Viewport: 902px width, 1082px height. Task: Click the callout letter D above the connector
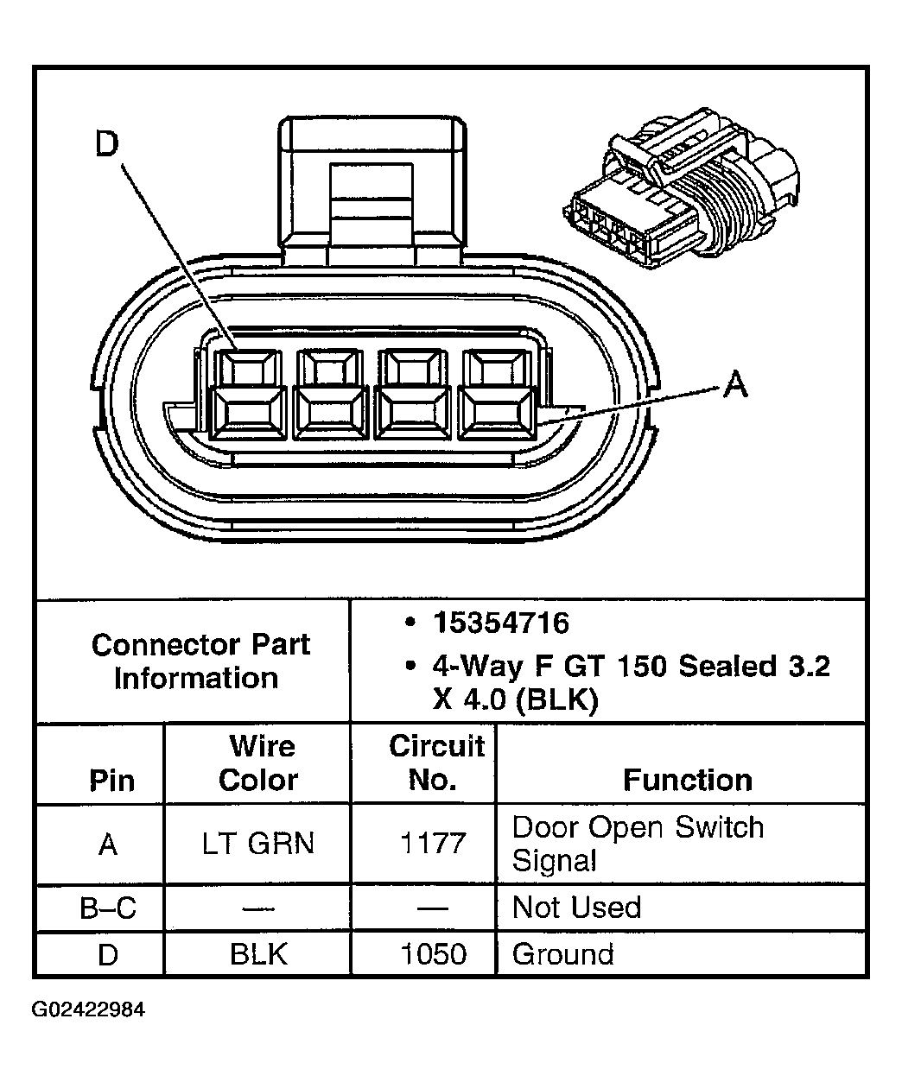tap(106, 144)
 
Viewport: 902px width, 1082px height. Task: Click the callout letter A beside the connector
tap(735, 384)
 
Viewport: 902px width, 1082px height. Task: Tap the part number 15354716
tap(501, 623)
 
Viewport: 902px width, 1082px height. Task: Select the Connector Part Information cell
tap(200, 661)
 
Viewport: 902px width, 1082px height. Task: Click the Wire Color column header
tap(258, 763)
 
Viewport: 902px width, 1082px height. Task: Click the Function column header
tap(688, 780)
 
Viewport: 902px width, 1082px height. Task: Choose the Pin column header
tap(111, 781)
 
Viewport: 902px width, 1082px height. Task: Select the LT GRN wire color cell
tap(258, 844)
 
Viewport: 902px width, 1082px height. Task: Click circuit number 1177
tap(434, 844)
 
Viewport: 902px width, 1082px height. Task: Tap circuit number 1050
tap(434, 954)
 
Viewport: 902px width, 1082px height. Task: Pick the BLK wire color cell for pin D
tap(258, 954)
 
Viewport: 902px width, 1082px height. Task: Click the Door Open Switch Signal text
tap(638, 843)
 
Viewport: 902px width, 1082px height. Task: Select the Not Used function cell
tap(577, 908)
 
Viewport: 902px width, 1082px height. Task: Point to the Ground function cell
tap(563, 954)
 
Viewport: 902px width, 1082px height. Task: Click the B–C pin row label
tap(108, 908)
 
